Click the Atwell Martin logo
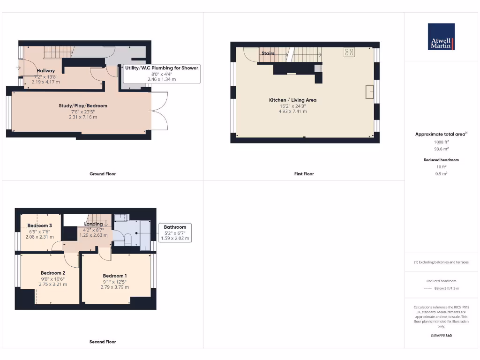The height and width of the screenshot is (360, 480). (441, 37)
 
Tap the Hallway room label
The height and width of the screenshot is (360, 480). (46, 71)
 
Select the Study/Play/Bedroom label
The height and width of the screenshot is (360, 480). (83, 106)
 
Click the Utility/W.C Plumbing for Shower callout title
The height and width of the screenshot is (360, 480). (162, 68)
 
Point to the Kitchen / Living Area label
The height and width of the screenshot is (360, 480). (292, 100)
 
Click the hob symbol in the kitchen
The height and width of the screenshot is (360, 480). (349, 52)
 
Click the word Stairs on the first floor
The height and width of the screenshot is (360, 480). (268, 53)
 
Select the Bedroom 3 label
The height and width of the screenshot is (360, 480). (39, 225)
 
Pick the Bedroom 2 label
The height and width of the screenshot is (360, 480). (53, 273)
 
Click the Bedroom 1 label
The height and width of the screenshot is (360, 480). (115, 276)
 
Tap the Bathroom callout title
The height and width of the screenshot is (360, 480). (175, 227)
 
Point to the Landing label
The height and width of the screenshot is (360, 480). (93, 224)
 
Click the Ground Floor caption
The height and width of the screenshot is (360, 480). (103, 174)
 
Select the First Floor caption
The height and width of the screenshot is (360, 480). (304, 174)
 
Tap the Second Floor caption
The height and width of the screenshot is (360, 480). (103, 342)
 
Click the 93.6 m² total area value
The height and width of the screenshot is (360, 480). (442, 149)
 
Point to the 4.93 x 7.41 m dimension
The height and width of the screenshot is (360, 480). (292, 112)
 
